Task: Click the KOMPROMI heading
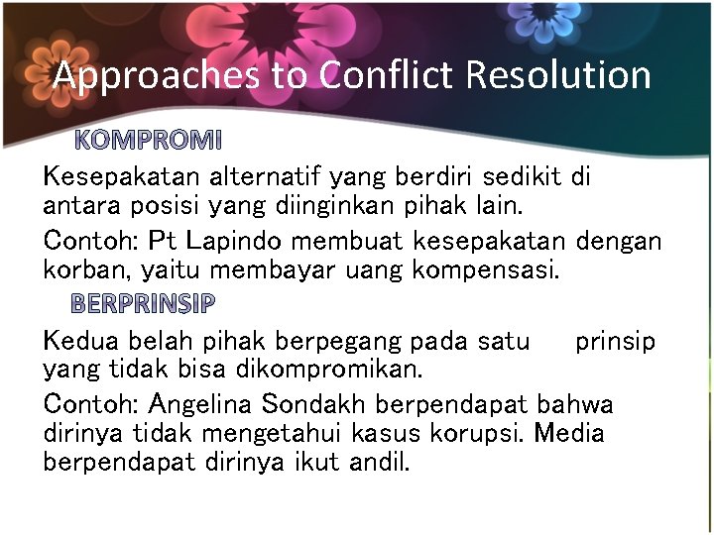tap(149, 140)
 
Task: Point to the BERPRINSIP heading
tap(142, 303)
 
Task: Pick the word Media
tap(571, 434)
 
